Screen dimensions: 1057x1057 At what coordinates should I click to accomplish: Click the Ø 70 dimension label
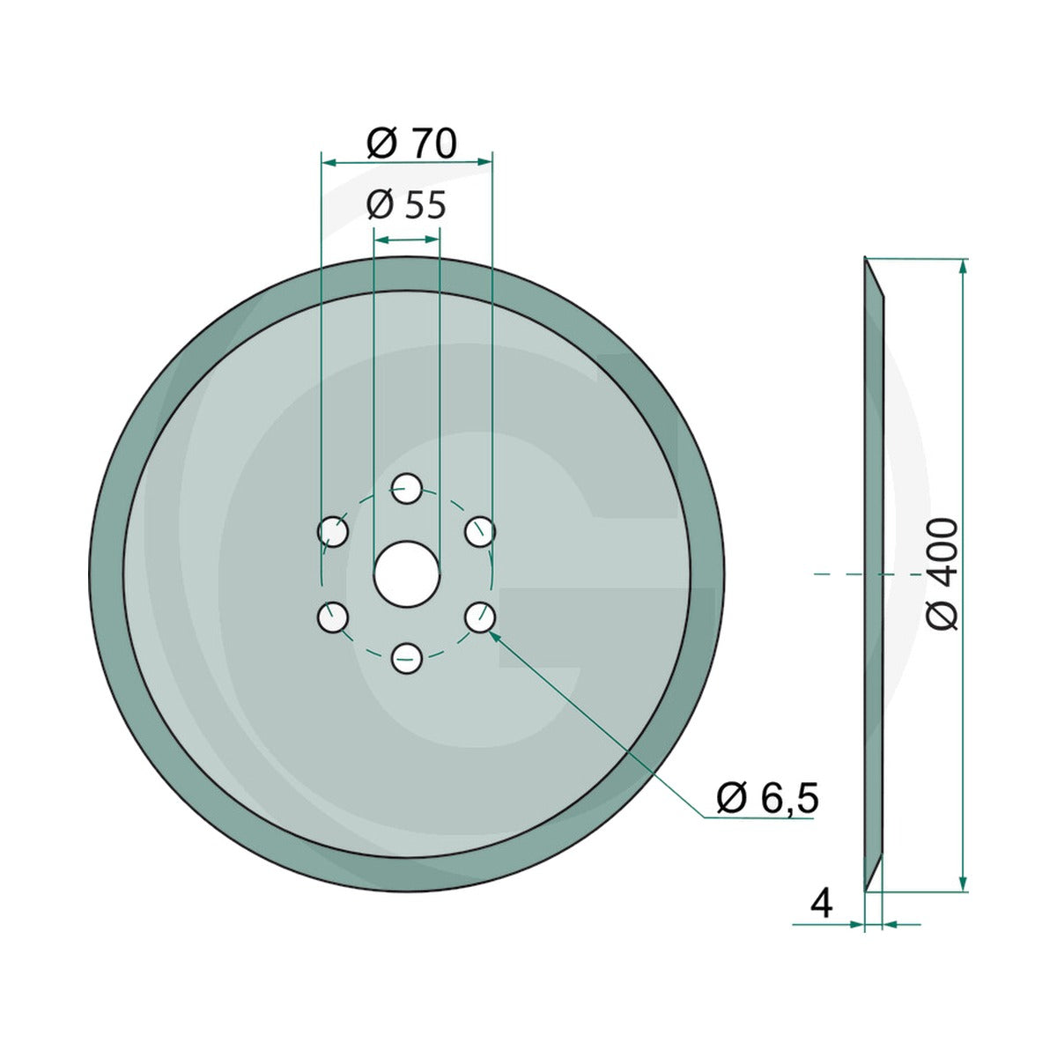click(x=410, y=144)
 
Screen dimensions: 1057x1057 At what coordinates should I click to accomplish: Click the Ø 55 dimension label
click(x=406, y=205)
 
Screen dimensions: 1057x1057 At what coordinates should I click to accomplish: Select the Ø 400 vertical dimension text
click(x=942, y=573)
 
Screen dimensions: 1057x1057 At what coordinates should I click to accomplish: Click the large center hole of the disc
click(x=406, y=573)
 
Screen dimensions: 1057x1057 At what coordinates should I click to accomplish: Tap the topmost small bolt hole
click(x=406, y=488)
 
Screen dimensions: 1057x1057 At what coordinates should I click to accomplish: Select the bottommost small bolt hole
click(x=406, y=659)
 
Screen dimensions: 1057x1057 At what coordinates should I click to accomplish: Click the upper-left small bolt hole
click(x=333, y=531)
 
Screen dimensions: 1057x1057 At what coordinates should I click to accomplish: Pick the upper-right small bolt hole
click(x=480, y=531)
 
